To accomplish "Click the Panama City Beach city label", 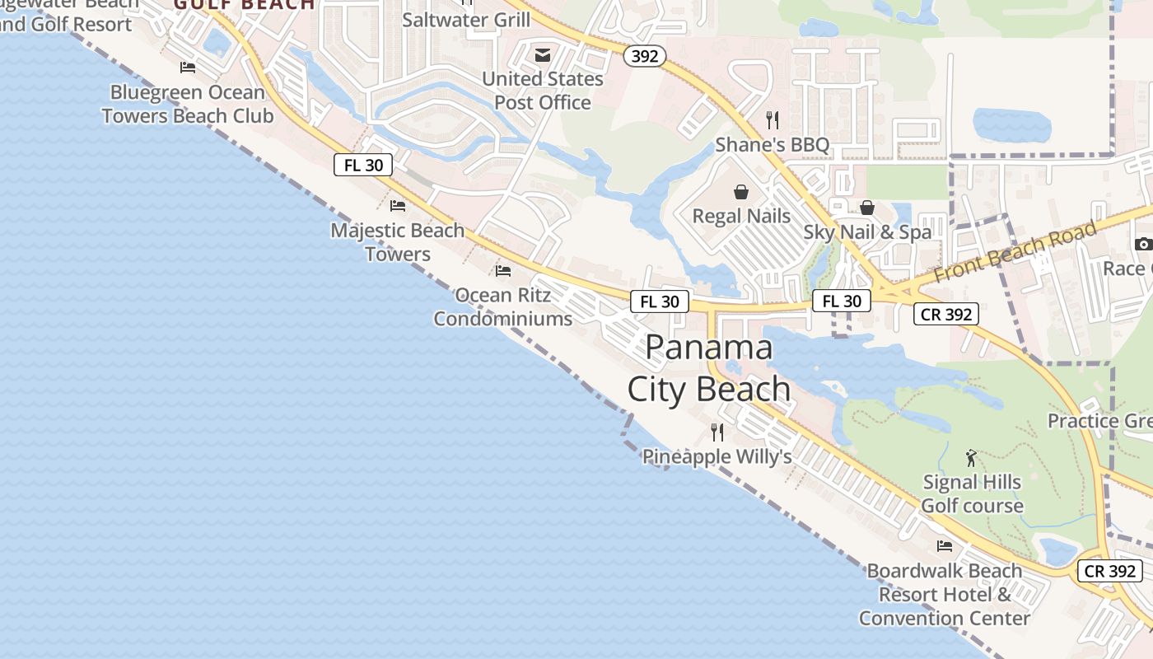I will [709, 368].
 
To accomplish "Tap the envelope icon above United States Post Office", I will [543, 55].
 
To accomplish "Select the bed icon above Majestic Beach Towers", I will [398, 205].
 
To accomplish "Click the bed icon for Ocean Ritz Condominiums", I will [503, 270].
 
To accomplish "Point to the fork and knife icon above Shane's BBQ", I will [772, 120].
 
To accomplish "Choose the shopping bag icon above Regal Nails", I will [741, 192].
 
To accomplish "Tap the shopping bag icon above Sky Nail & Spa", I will [867, 208].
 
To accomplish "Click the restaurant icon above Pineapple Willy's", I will [717, 432].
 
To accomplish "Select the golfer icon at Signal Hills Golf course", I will [972, 458].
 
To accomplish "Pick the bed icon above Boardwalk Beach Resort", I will [945, 545].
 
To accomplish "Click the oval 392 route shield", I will [644, 56].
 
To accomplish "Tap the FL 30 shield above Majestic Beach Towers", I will [363, 165].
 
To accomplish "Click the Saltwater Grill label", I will [466, 19].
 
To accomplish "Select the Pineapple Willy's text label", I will [717, 456].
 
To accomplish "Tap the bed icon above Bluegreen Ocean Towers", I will [188, 68].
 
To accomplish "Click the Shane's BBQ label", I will [772, 145].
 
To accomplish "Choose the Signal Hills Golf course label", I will [972, 493].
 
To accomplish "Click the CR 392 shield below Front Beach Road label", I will [945, 314].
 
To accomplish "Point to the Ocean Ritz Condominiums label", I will [502, 306].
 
